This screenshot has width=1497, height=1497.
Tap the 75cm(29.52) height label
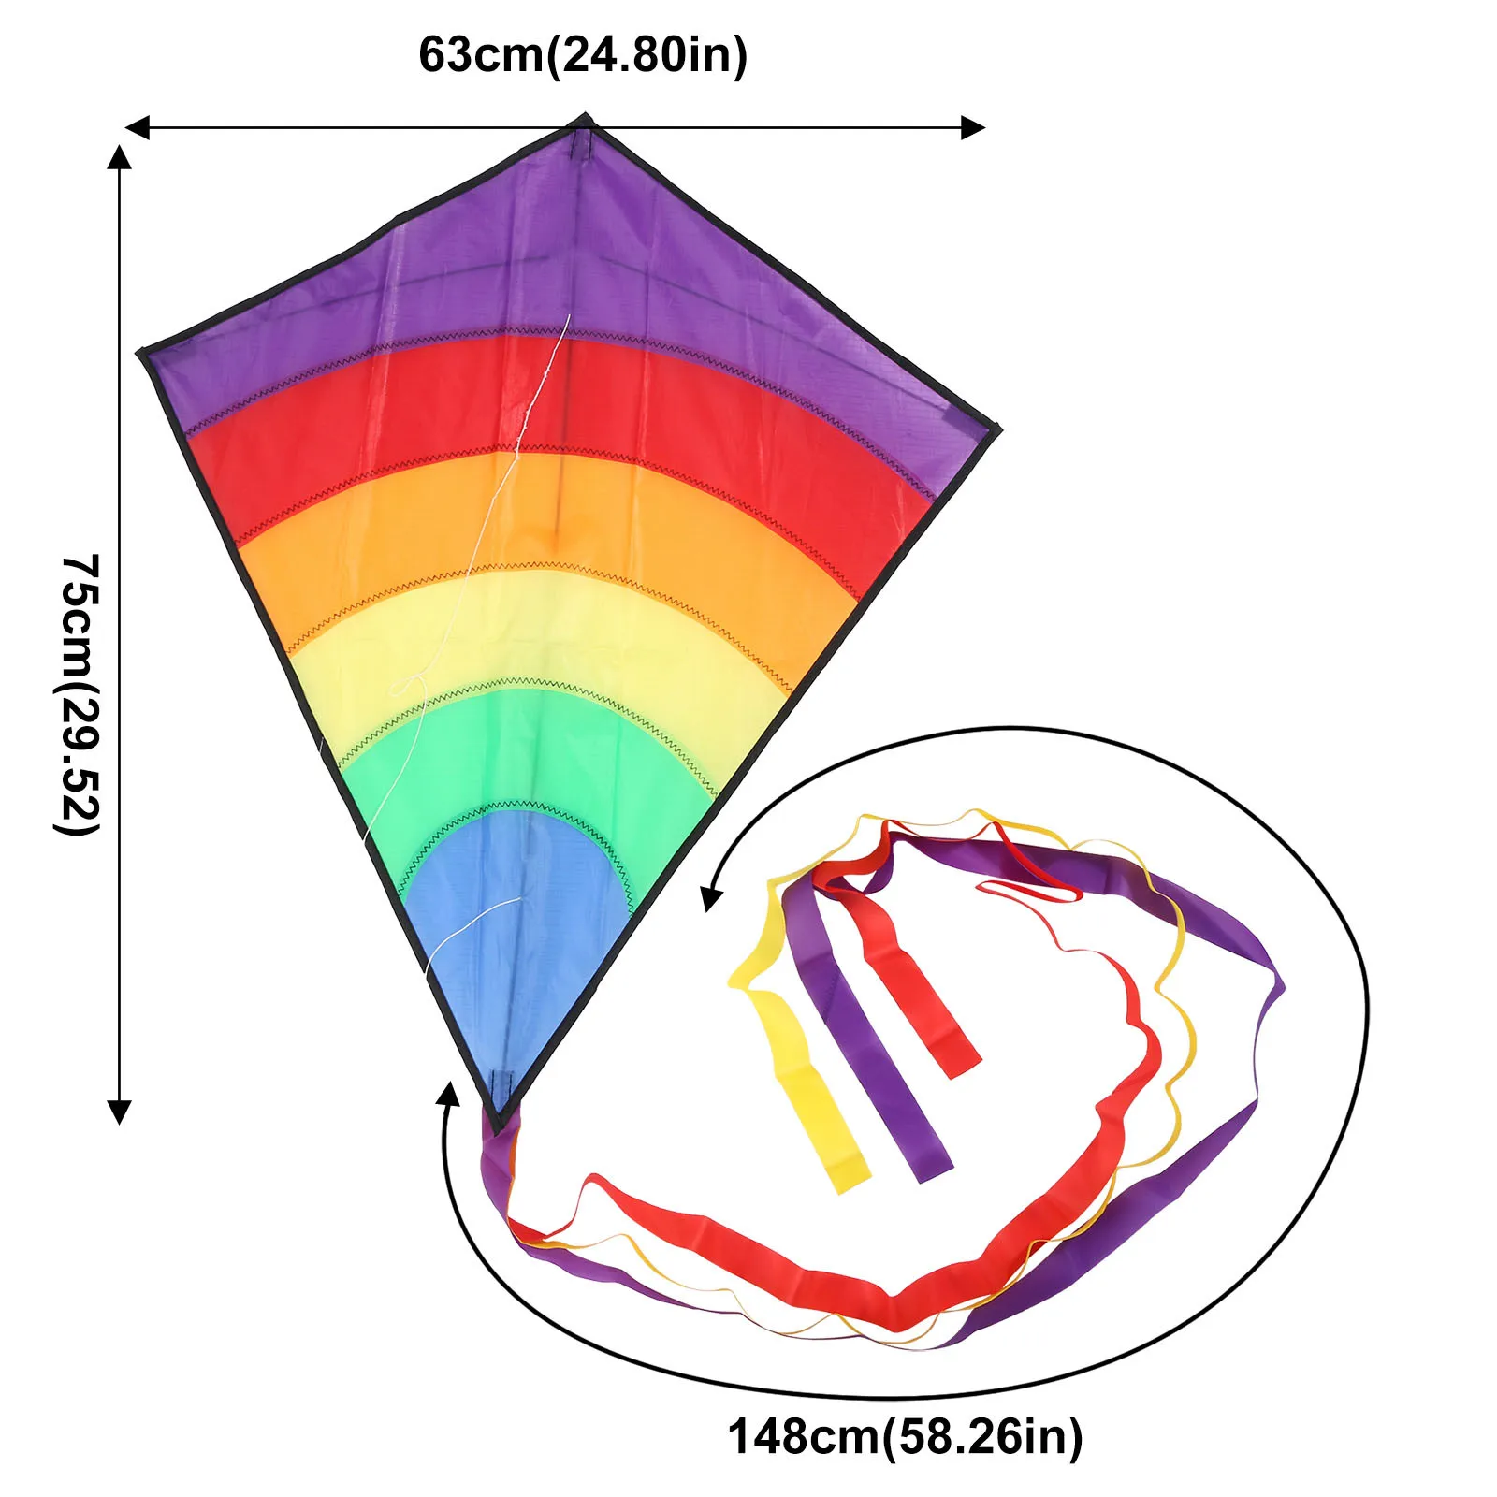click(80, 693)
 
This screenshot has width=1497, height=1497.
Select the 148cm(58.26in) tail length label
click(905, 1435)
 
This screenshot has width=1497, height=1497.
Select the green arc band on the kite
click(524, 748)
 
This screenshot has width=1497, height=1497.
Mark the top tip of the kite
click(585, 118)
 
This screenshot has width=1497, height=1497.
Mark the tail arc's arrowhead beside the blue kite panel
click(711, 900)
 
